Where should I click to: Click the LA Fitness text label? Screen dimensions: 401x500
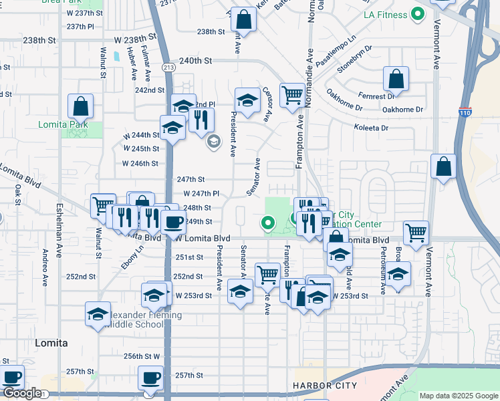[384, 15]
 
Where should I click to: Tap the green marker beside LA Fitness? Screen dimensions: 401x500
[418, 13]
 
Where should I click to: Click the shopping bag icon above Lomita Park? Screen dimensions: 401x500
[81, 106]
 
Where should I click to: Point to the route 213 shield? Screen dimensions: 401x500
[169, 67]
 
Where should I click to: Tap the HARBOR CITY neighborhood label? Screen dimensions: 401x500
[325, 386]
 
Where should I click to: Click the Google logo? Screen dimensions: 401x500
[22, 393]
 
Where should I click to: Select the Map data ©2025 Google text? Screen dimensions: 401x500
[459, 396]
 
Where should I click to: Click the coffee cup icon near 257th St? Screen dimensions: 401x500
[150, 378]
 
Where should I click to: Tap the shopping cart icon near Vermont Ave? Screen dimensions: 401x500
[416, 233]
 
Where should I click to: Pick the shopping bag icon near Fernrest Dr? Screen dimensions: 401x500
[396, 79]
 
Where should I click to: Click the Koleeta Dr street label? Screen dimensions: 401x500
[371, 128]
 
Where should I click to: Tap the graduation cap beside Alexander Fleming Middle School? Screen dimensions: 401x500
[98, 314]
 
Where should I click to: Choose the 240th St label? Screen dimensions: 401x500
[195, 60]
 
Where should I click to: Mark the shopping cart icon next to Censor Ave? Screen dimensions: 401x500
[292, 96]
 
